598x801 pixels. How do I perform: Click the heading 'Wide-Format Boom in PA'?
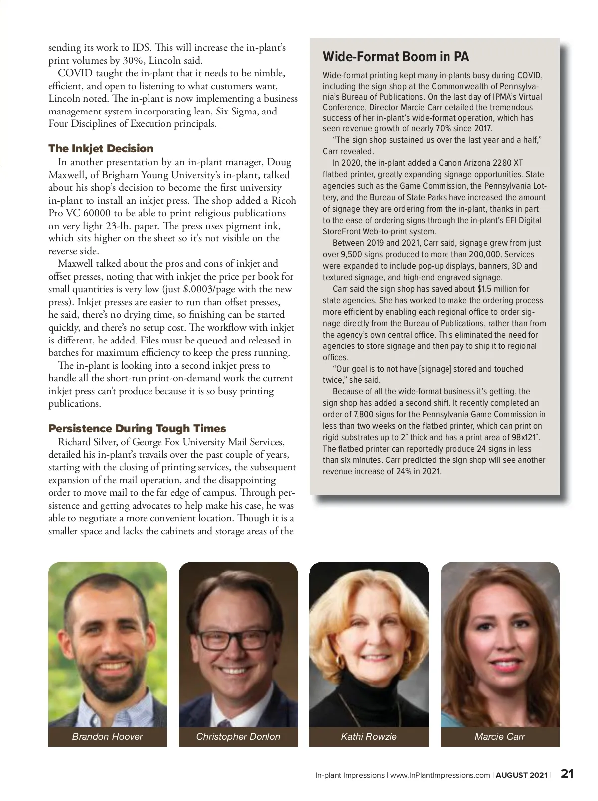[396, 57]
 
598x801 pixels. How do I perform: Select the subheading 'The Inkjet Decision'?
[101, 148]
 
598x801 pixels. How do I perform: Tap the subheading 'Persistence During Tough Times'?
[137, 428]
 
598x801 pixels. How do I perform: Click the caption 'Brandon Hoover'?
[107, 736]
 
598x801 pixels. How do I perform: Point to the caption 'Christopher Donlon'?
[238, 736]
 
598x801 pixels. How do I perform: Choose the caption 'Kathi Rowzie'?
[369, 736]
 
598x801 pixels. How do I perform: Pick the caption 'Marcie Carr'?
[500, 736]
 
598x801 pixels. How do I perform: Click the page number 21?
[567, 774]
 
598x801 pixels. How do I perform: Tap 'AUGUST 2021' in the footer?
[521, 775]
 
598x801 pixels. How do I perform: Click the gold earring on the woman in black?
[341, 661]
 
